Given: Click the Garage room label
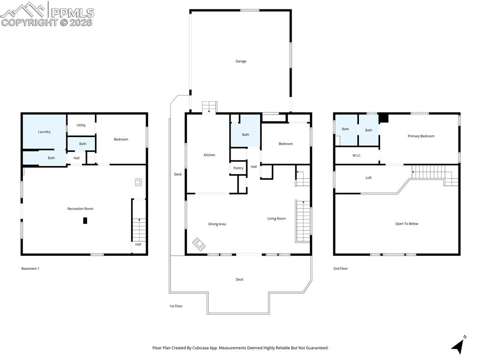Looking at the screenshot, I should pos(240,61).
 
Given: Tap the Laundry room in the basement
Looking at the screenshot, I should pos(44,132).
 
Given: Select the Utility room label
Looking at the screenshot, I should pos(81,125).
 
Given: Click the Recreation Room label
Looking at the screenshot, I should pos(80,208).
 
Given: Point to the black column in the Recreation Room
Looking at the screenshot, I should pos(85,221).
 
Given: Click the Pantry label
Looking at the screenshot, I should pos(238,168).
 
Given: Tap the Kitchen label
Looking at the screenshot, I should pos(209,155).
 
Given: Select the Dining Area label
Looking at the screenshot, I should pos(217,224).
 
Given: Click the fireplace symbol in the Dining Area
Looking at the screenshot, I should pos(199,245).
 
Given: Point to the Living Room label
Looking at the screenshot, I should pos(276,218).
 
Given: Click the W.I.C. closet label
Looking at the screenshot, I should pos(357,155).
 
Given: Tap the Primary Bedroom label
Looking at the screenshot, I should pos(421,136).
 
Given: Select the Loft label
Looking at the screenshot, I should pos(368,178).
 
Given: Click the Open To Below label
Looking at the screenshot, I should pos(406,224).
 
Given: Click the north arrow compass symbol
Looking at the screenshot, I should pos(458,345).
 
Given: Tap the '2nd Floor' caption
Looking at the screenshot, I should pos(341,268).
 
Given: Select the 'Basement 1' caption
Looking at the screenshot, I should pos(31,268).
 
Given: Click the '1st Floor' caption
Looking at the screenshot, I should pos(176,306).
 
